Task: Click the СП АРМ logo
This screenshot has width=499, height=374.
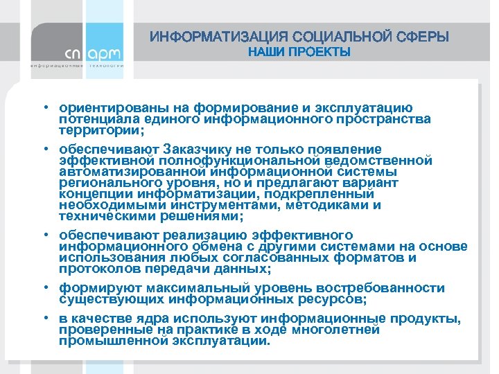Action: [92, 54]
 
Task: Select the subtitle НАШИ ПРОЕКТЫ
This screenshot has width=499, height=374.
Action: [299, 53]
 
